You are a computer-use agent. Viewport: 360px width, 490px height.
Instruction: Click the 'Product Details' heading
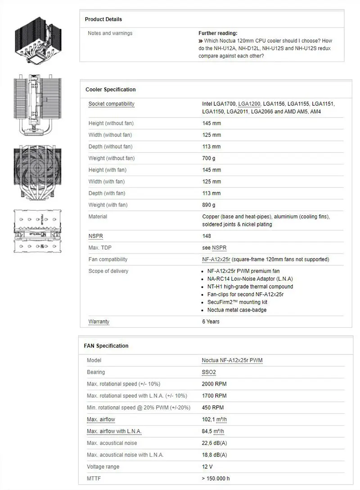[x=103, y=19]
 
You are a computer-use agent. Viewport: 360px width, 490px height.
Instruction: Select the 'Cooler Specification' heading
[x=111, y=90]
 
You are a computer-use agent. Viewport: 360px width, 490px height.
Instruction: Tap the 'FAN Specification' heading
[x=106, y=346]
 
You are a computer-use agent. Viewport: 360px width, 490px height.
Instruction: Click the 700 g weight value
[x=209, y=158]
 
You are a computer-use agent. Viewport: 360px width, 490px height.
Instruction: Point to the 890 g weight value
[x=209, y=205]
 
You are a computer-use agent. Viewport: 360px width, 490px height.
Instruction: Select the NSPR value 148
[x=207, y=236]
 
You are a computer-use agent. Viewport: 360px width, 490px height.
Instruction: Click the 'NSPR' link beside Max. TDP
[x=219, y=248]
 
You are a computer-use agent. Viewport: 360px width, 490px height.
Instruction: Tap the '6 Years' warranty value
[x=211, y=322]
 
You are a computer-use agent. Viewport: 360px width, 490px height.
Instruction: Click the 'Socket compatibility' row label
[x=112, y=104]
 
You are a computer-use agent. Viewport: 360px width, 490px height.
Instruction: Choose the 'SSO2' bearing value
[x=209, y=372]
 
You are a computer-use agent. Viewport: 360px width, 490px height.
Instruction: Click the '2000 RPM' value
[x=214, y=384]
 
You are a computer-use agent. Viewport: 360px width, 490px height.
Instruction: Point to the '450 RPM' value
[x=213, y=408]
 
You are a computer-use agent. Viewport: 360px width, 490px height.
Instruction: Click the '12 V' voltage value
[x=208, y=467]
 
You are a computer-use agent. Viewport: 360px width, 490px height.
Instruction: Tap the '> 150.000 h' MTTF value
[x=216, y=478]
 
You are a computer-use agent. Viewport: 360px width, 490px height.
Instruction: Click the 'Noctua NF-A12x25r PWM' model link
[x=232, y=360]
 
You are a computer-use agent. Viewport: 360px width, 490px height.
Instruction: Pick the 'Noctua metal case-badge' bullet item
[x=237, y=310]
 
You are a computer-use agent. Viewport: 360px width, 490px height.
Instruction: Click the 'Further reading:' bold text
[x=218, y=33]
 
